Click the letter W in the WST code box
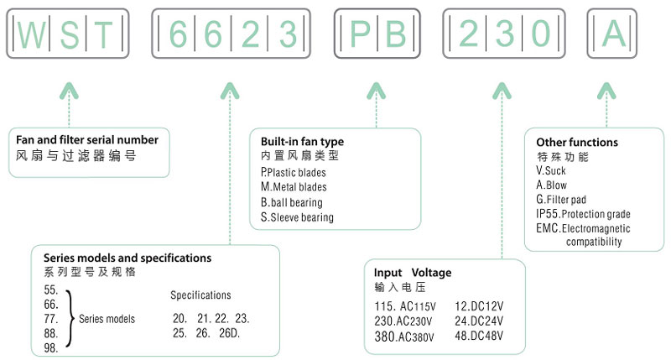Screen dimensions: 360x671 click(x=30, y=34)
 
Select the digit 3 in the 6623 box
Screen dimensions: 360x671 click(x=287, y=34)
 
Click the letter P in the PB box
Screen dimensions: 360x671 click(x=359, y=34)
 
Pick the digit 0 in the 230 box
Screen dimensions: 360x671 click(x=542, y=34)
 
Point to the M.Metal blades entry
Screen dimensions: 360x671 click(x=294, y=187)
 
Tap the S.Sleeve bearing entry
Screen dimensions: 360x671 click(x=297, y=217)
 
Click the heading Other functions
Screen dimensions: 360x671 click(x=578, y=143)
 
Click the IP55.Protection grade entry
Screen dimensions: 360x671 click(x=583, y=214)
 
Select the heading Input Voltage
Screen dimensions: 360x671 click(x=413, y=273)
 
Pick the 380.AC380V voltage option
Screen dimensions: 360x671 click(x=406, y=337)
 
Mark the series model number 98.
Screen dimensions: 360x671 click(x=52, y=347)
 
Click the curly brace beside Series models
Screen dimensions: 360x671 click(x=70, y=319)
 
